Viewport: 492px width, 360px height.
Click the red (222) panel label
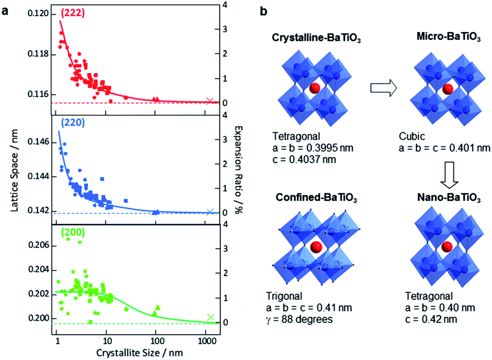pyautogui.click(x=73, y=13)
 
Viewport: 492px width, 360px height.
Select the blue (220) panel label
pyautogui.click(x=73, y=123)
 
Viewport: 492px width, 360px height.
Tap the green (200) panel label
pyautogui.click(x=73, y=232)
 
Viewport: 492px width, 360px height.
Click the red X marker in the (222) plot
pyautogui.click(x=209, y=101)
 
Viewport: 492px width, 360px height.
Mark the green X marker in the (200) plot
pyautogui.click(x=210, y=317)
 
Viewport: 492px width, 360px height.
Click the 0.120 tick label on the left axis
pyautogui.click(x=38, y=14)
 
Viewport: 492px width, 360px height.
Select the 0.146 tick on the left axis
pyautogui.click(x=38, y=142)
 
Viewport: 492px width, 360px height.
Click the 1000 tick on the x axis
pyautogui.click(x=205, y=341)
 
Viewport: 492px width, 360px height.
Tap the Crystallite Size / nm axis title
pyautogui.click(x=139, y=352)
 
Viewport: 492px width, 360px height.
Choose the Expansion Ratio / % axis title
pyautogui.click(x=239, y=170)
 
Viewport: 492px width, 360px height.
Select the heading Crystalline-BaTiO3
pyautogui.click(x=316, y=38)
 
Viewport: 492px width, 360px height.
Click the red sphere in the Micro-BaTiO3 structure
pyautogui.click(x=447, y=89)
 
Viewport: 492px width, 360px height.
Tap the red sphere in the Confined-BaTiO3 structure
pyautogui.click(x=316, y=247)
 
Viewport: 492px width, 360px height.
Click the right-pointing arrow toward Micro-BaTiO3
pyautogui.click(x=383, y=88)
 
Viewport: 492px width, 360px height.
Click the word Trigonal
pyautogui.click(x=284, y=296)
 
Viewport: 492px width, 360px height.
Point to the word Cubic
pyautogui.click(x=412, y=136)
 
